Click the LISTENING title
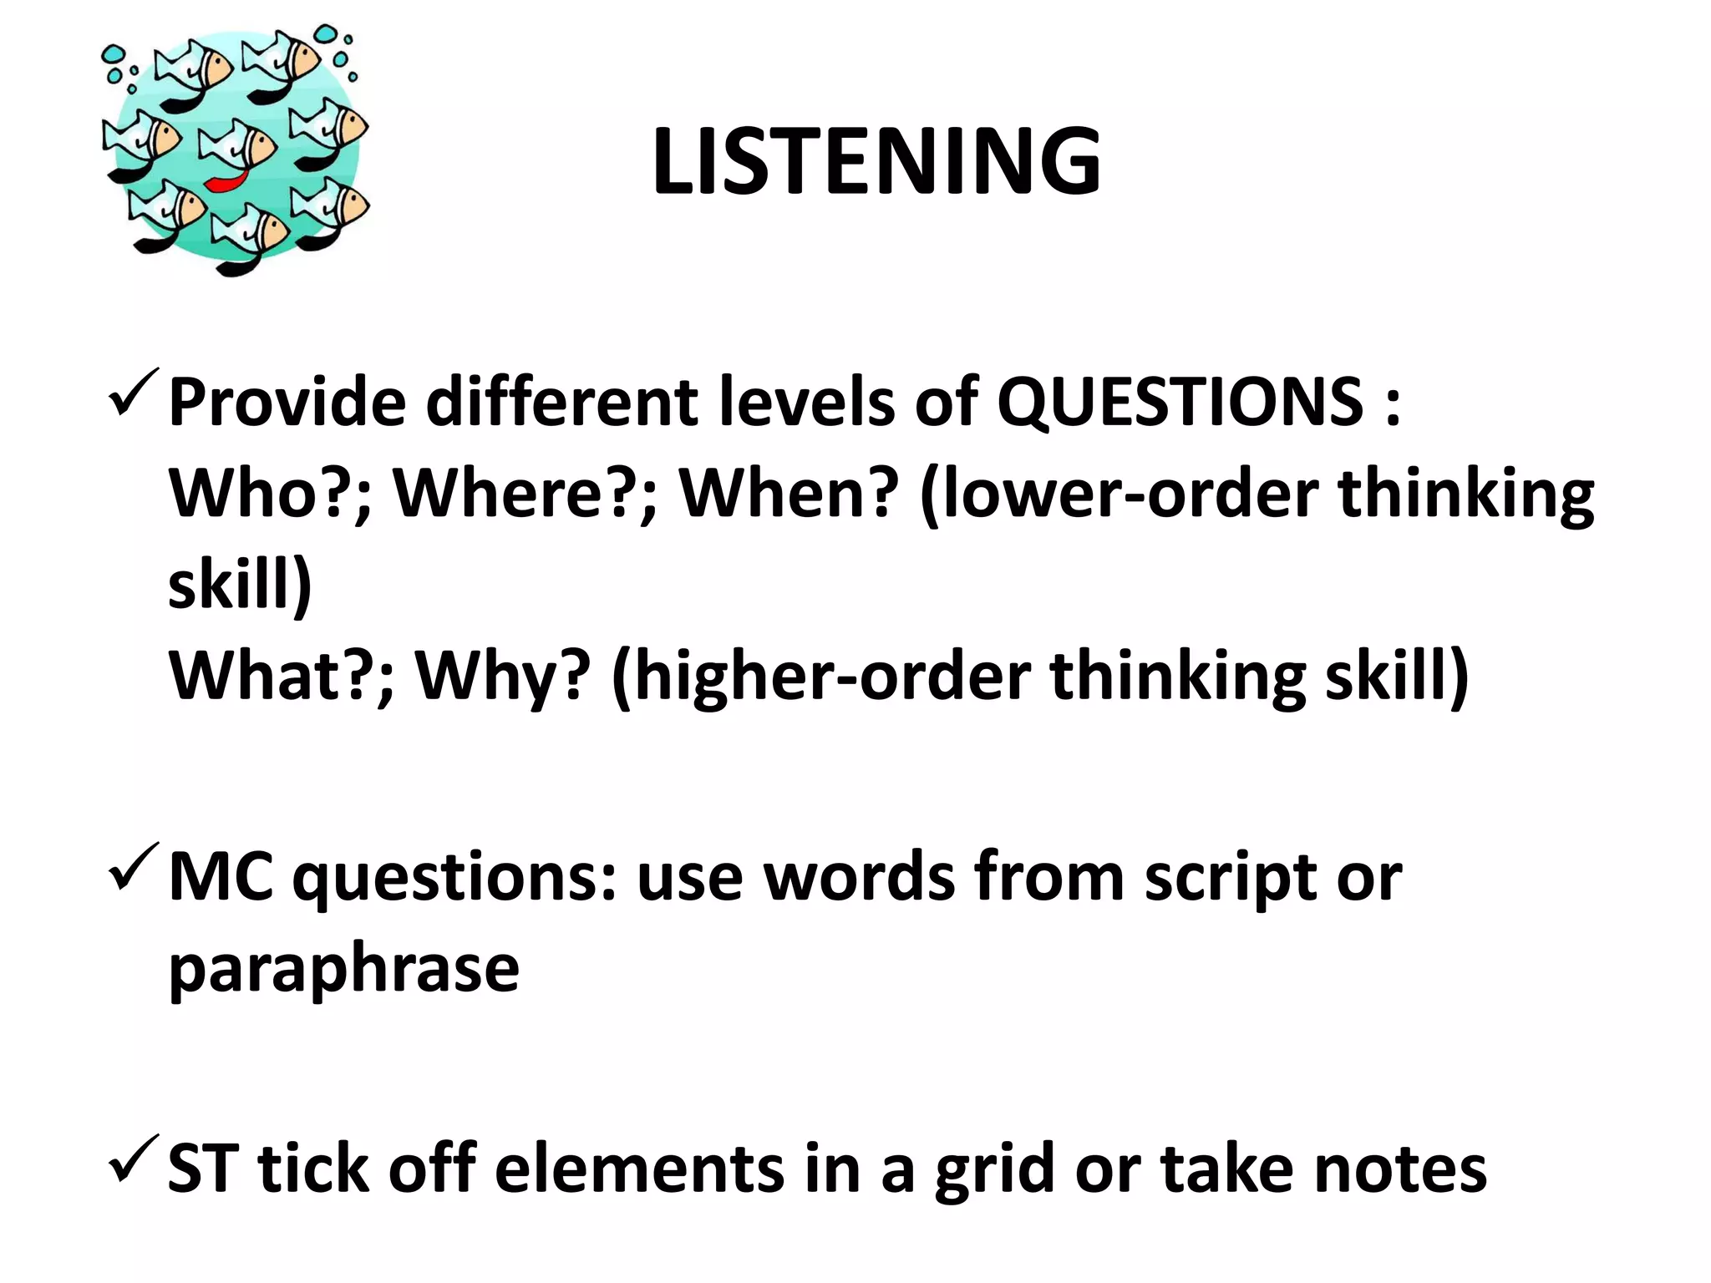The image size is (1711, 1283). coord(876,161)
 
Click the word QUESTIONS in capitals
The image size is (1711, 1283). coord(1180,402)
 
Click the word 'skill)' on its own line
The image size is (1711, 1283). coord(240,584)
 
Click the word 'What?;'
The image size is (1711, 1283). coord(281,676)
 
